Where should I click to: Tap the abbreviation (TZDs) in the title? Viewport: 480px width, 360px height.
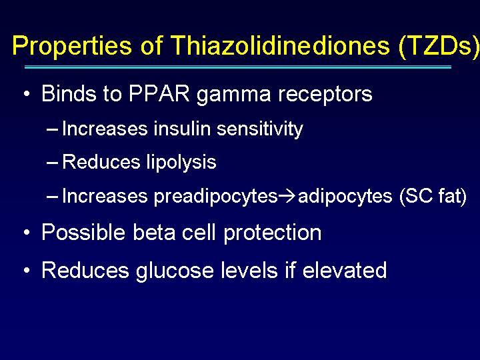coord(439,47)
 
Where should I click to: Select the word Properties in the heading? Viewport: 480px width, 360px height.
coord(72,47)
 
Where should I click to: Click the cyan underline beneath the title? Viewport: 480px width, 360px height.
coord(238,67)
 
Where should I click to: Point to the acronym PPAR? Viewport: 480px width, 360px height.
coord(159,93)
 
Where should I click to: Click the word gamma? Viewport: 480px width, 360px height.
coord(233,95)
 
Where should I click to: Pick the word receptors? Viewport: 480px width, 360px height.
coord(325,95)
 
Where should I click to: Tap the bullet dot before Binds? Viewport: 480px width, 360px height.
coord(27,93)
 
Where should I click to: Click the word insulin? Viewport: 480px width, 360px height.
coord(182,128)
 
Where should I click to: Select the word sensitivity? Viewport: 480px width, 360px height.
coord(260,129)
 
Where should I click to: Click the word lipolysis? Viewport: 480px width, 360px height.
coord(181,162)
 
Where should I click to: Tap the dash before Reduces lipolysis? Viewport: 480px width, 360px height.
coord(52,163)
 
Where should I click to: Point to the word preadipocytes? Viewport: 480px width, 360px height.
coord(215,197)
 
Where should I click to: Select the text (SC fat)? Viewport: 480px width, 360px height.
coord(433,196)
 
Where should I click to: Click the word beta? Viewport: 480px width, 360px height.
coord(154,232)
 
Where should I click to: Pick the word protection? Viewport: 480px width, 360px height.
coord(273,233)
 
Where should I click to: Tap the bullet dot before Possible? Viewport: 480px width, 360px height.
coord(27,233)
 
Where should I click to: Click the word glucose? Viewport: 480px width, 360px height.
coord(175,271)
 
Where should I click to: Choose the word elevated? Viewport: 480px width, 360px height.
coord(345,270)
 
